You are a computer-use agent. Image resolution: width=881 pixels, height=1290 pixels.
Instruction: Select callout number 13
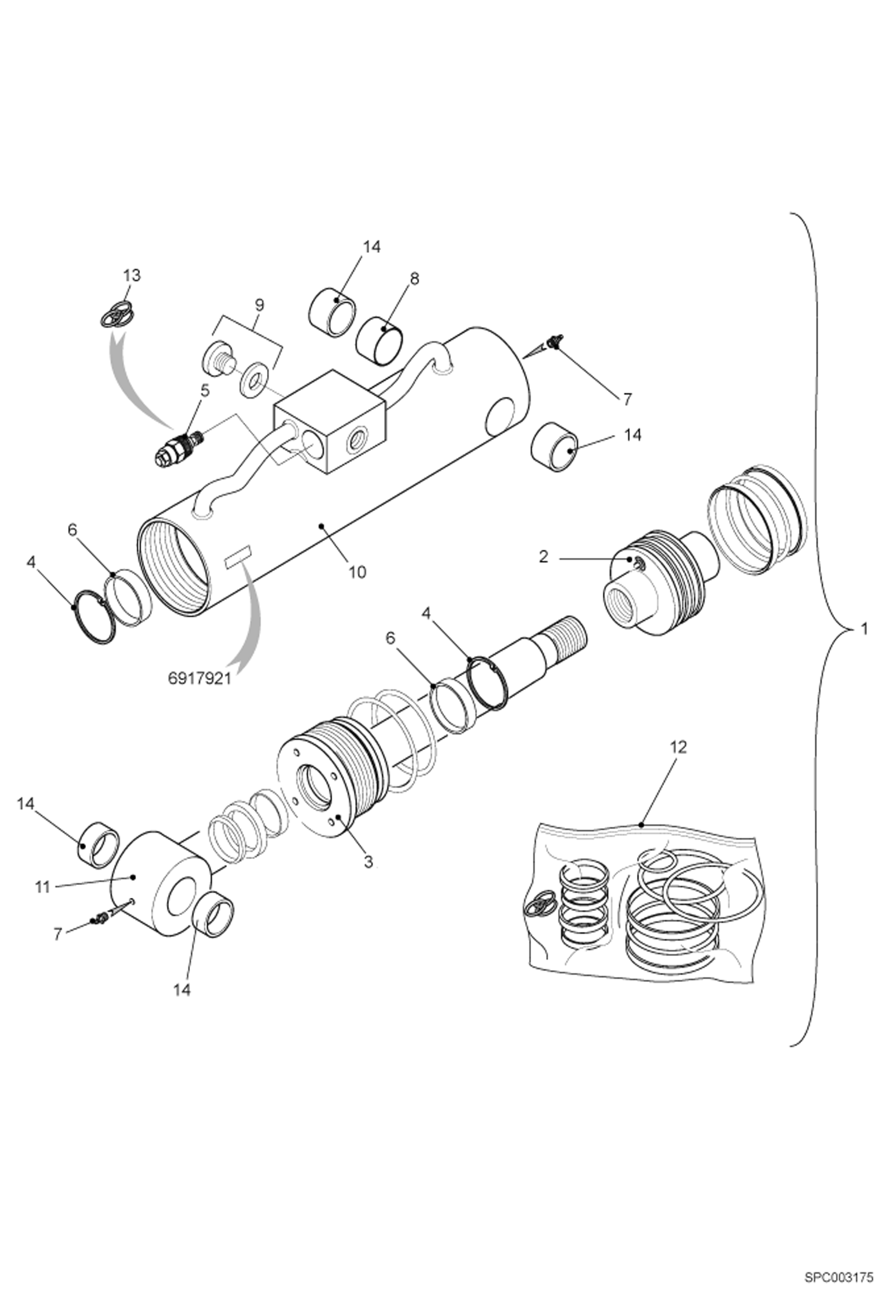point(132,275)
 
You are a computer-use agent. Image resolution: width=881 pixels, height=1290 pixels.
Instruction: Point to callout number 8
point(414,279)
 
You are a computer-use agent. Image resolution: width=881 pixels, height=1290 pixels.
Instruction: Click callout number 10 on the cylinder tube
point(357,572)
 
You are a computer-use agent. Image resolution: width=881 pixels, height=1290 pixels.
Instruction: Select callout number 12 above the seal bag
point(678,747)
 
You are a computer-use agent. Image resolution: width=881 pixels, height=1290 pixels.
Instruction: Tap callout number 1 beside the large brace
point(863,629)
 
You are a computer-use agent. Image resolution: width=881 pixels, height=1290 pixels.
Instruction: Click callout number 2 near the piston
point(543,556)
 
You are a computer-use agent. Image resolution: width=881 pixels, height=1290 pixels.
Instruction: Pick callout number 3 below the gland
point(368,862)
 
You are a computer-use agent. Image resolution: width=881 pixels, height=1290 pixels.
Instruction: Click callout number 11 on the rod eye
point(42,887)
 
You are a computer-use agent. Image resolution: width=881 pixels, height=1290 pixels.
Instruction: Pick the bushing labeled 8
point(382,342)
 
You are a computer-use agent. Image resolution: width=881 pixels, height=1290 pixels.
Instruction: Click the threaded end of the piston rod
point(568,632)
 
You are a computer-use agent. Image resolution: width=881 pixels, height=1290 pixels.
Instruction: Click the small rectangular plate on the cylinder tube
point(238,556)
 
